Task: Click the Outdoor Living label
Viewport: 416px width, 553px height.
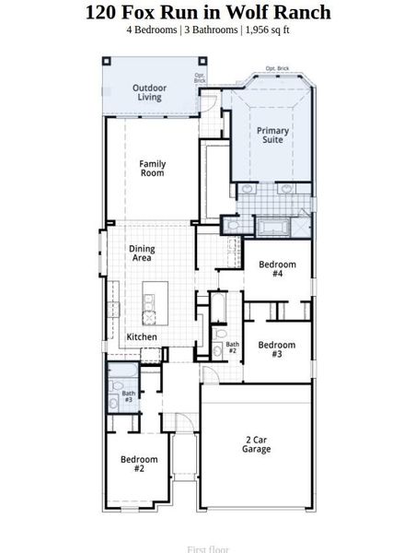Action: pos(148,92)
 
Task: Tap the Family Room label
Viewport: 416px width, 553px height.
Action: pos(153,169)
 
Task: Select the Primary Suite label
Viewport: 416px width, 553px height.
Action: pos(272,136)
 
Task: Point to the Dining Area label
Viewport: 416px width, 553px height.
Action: pos(142,254)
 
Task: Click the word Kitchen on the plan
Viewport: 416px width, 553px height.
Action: pos(142,337)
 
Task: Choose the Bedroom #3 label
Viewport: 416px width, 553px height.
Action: pos(276,350)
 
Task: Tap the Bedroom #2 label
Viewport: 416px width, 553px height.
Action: pos(139,465)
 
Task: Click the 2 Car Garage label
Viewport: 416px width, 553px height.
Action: pos(257,444)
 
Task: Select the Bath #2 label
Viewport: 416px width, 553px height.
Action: pos(232,348)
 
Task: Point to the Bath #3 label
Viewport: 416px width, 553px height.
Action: pos(128,398)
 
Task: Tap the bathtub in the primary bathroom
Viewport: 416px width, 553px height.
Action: pos(272,227)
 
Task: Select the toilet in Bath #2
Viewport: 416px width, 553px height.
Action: pos(220,337)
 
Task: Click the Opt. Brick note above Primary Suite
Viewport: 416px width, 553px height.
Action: pos(277,68)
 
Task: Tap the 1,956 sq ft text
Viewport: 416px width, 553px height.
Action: pos(270,30)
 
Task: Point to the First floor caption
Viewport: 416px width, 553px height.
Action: pos(208,549)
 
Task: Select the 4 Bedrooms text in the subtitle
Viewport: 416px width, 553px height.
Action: pos(153,30)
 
